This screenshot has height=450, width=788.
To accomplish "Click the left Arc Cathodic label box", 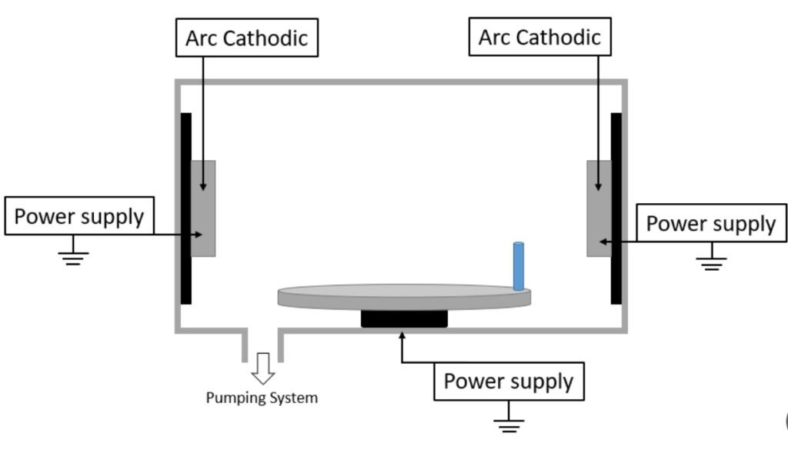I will tap(246, 38).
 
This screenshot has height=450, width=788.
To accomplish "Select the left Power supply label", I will tap(79, 216).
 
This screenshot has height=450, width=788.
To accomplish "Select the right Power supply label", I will tap(710, 223).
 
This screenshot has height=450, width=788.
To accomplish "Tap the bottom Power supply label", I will tap(509, 381).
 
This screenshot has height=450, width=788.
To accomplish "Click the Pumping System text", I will tap(262, 398).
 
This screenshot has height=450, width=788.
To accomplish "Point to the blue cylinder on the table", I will tap(519, 266).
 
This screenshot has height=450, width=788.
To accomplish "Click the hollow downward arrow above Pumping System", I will tap(263, 368).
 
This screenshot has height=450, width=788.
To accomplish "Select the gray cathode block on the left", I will tap(204, 208).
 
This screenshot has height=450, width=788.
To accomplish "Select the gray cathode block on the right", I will tap(598, 208).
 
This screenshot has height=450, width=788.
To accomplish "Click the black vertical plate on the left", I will tap(185, 208).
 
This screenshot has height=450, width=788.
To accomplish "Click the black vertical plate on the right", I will tap(616, 208).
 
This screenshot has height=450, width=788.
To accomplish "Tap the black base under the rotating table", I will tap(404, 318).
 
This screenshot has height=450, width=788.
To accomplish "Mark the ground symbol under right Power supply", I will tap(711, 263).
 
